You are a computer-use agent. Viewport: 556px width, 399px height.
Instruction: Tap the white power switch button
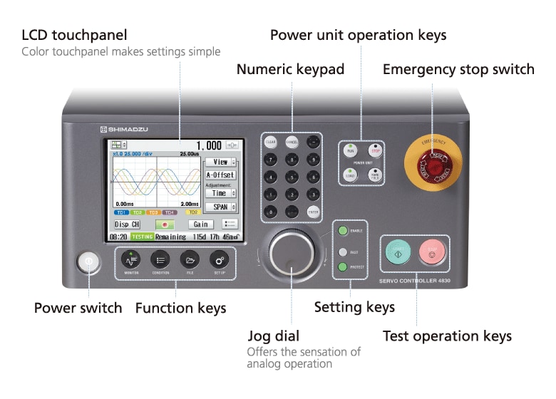(88, 261)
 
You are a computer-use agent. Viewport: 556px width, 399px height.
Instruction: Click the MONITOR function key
(131, 259)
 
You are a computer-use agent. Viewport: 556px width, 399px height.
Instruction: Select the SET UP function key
(219, 259)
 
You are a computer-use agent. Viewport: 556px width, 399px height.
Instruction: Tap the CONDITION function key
(160, 259)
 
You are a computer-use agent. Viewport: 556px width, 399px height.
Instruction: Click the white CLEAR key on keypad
(271, 142)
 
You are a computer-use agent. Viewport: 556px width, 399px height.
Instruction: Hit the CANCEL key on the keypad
(292, 142)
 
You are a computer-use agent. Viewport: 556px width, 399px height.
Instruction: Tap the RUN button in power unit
(350, 150)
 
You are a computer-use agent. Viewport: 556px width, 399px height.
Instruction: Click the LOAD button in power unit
(350, 175)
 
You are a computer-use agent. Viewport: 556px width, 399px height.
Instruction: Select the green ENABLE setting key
(343, 231)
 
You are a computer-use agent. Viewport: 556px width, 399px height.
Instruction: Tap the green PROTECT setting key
(343, 267)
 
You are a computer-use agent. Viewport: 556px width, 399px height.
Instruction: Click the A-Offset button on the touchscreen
(220, 175)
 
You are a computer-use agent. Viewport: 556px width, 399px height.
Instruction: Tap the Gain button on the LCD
(201, 224)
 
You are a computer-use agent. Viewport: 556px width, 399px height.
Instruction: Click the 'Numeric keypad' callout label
(290, 69)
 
